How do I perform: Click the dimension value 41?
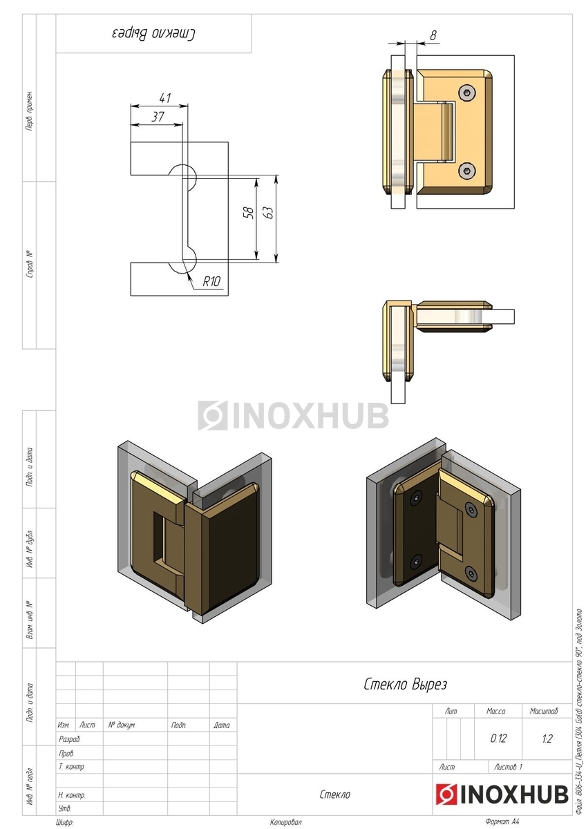pos(164,97)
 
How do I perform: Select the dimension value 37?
pos(158,117)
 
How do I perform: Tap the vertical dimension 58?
pos(249,212)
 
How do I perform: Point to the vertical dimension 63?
pos(270,212)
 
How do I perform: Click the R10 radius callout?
pos(211,281)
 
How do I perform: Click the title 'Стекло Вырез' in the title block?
pos(405,684)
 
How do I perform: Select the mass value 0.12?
pos(498,739)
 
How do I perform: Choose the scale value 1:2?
pos(547,739)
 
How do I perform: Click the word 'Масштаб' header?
pos(544,711)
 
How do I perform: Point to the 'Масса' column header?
pos(495,711)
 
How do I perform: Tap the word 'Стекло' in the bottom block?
pos(334,794)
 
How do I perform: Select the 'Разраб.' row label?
pos(69,739)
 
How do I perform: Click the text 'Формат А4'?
pos(502,822)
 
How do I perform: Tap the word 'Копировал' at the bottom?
pos(286,822)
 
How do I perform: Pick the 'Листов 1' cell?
pos(509,767)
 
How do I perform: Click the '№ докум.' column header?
pos(122,725)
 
